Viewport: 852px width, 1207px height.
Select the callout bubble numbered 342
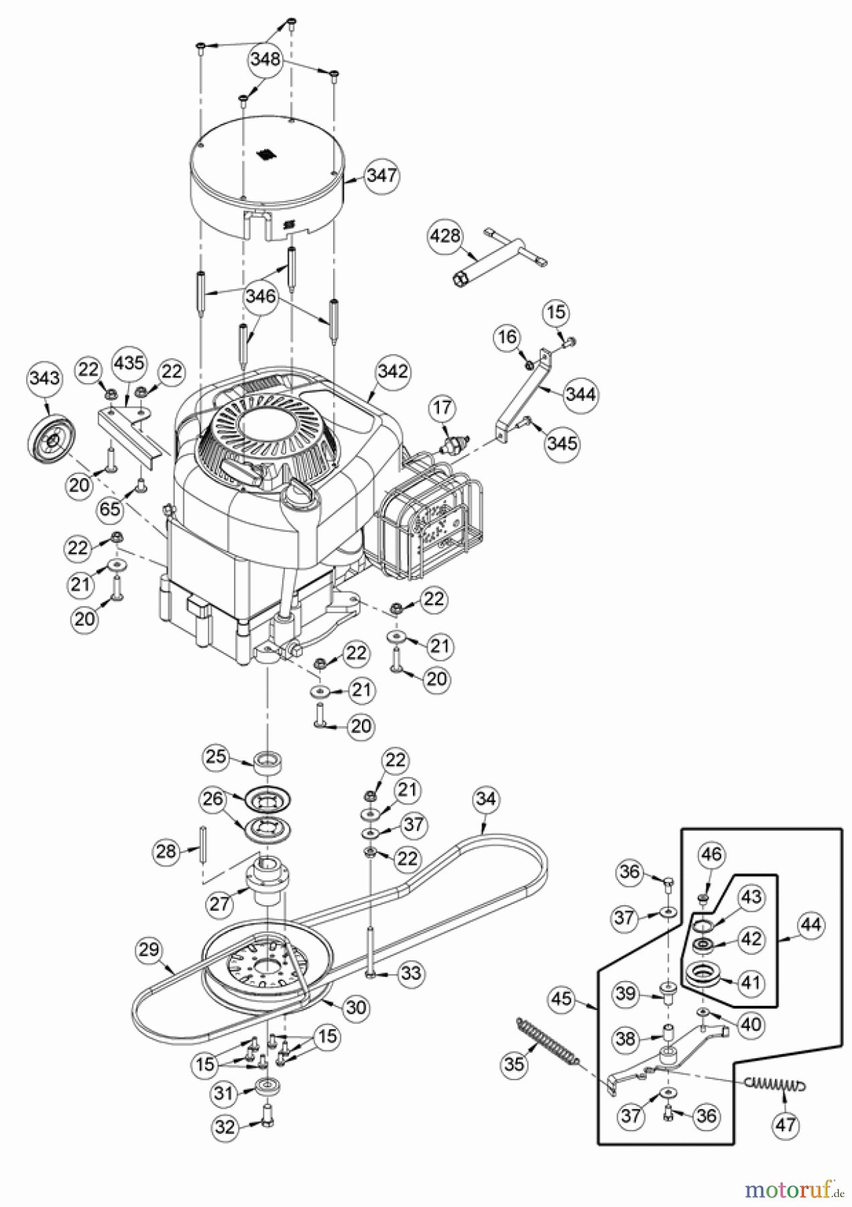pyautogui.click(x=393, y=371)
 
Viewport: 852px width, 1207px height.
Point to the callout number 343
pyautogui.click(x=44, y=378)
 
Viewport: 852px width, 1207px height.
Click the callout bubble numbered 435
pyautogui.click(x=128, y=363)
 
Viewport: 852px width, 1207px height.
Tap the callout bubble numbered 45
pyautogui.click(x=562, y=1000)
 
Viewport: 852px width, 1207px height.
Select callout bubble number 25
pyautogui.click(x=216, y=757)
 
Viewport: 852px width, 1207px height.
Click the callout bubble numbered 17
pyautogui.click(x=442, y=408)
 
